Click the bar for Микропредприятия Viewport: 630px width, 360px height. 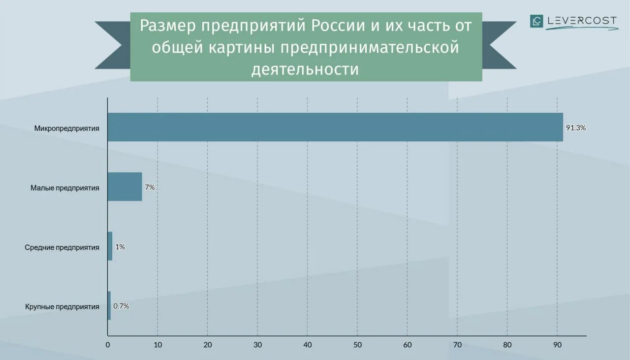click(335, 127)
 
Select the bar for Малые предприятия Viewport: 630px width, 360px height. click(125, 187)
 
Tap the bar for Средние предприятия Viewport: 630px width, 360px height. click(110, 246)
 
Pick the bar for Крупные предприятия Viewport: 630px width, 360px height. click(109, 306)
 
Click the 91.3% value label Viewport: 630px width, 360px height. click(575, 128)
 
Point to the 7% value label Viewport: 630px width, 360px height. click(150, 187)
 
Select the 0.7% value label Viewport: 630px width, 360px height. click(121, 306)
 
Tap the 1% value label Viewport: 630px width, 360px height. click(120, 247)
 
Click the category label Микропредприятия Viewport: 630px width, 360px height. click(67, 128)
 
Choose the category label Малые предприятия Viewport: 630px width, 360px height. click(65, 188)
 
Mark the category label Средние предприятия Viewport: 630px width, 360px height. click(62, 247)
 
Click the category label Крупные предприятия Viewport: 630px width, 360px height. click(62, 307)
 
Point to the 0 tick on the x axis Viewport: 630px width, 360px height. click(108, 345)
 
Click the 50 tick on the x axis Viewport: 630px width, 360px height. click(357, 345)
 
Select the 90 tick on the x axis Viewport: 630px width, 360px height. click(557, 345)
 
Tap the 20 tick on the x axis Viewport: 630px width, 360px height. click(207, 345)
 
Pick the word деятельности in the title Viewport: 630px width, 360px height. click(305, 69)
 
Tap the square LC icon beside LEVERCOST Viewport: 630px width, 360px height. click(536, 21)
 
